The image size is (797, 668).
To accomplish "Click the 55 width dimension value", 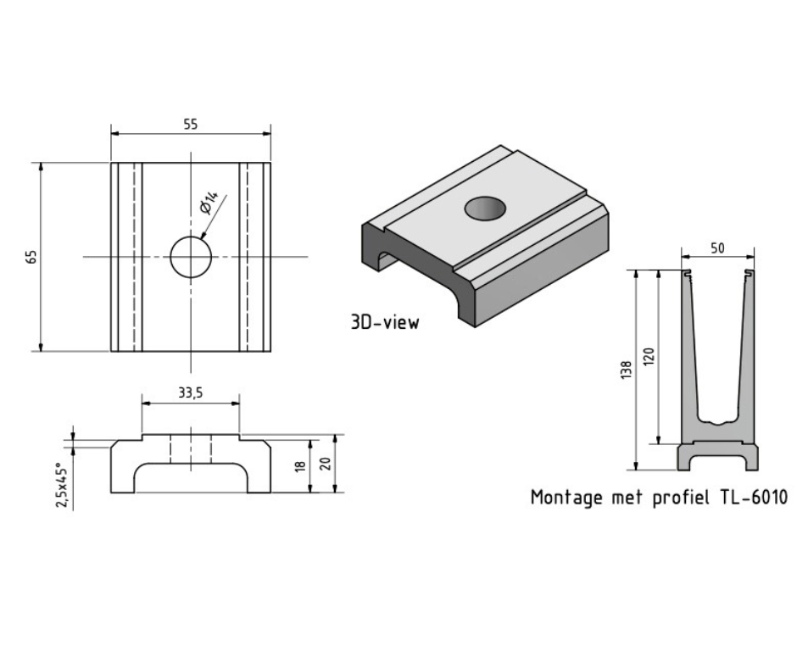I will [190, 124].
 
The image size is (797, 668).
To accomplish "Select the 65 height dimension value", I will [31, 256].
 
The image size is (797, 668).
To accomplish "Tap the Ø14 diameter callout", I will [209, 204].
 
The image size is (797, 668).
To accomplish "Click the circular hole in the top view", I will [191, 256].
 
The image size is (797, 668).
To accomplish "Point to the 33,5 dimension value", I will [190, 393].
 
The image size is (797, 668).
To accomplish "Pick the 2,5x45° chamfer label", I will [60, 485].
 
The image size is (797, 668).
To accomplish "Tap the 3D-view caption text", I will [384, 322].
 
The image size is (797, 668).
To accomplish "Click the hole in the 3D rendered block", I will [484, 208].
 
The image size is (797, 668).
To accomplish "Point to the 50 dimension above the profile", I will [717, 248].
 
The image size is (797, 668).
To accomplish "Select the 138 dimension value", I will [626, 370].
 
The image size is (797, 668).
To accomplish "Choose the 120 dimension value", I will [649, 356].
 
